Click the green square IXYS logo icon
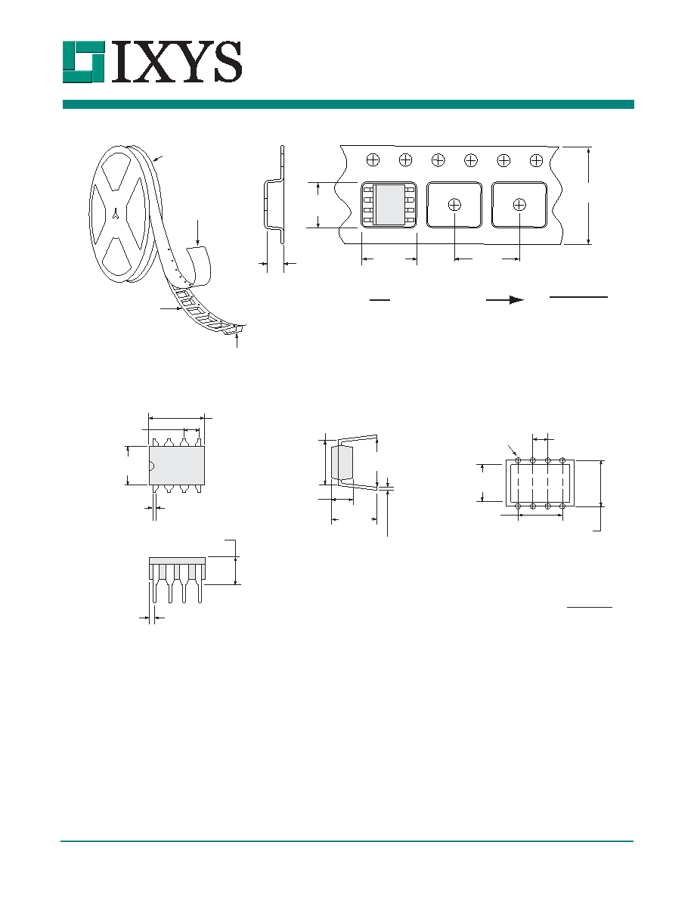coord(84,62)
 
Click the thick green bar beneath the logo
coord(349,104)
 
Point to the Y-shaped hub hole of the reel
coord(116,214)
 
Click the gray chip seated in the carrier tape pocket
coord(389,205)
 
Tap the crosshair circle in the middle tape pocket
coord(454,204)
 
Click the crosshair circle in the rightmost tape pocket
coord(519,204)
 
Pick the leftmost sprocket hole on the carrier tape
coord(373,160)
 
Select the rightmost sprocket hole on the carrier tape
coord(537,160)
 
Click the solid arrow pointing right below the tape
coord(505,299)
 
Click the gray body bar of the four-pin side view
coord(177,561)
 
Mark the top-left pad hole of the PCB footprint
coord(518,460)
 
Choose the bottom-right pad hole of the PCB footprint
coord(562,506)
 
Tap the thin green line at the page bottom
coord(347,841)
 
